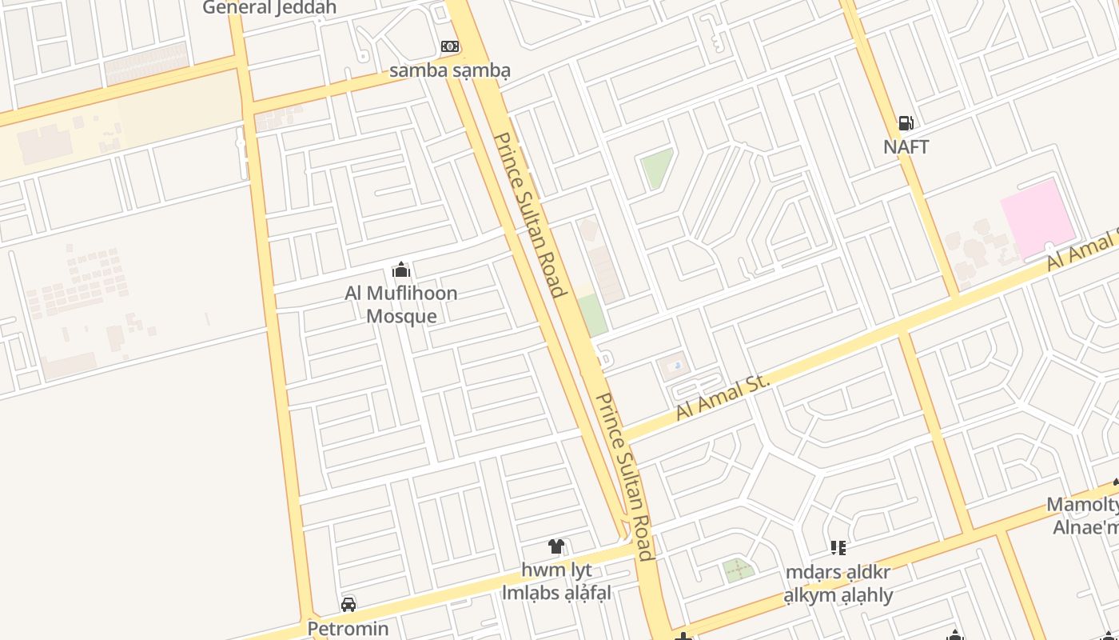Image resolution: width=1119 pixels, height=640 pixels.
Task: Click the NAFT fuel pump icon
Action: (906, 123)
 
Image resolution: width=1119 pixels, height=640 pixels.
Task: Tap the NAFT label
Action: (906, 147)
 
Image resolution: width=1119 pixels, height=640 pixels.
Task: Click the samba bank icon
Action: (449, 46)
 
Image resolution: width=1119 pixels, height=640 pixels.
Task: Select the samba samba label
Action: (449, 70)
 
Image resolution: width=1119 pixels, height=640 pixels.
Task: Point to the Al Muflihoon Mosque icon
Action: (401, 270)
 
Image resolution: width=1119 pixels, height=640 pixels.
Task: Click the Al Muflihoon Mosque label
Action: (401, 305)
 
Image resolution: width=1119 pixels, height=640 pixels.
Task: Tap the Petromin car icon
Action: (348, 604)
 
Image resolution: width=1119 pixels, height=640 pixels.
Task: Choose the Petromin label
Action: (348, 629)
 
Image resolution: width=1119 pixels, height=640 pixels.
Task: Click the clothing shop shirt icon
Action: (556, 546)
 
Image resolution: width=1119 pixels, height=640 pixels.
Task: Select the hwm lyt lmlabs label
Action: (556, 582)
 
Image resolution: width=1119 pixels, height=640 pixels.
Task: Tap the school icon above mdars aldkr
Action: (838, 548)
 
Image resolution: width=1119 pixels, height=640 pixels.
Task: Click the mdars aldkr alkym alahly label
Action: (838, 584)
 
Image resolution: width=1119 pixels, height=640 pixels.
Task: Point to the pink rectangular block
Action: (1039, 218)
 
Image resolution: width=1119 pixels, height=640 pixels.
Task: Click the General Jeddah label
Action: (269, 8)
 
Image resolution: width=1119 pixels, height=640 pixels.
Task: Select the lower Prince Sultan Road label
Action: (625, 476)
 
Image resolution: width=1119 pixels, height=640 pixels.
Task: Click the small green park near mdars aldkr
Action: (738, 570)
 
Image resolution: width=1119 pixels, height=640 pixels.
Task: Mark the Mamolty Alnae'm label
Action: (1084, 516)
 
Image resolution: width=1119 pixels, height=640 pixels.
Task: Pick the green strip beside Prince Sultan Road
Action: (593, 315)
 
